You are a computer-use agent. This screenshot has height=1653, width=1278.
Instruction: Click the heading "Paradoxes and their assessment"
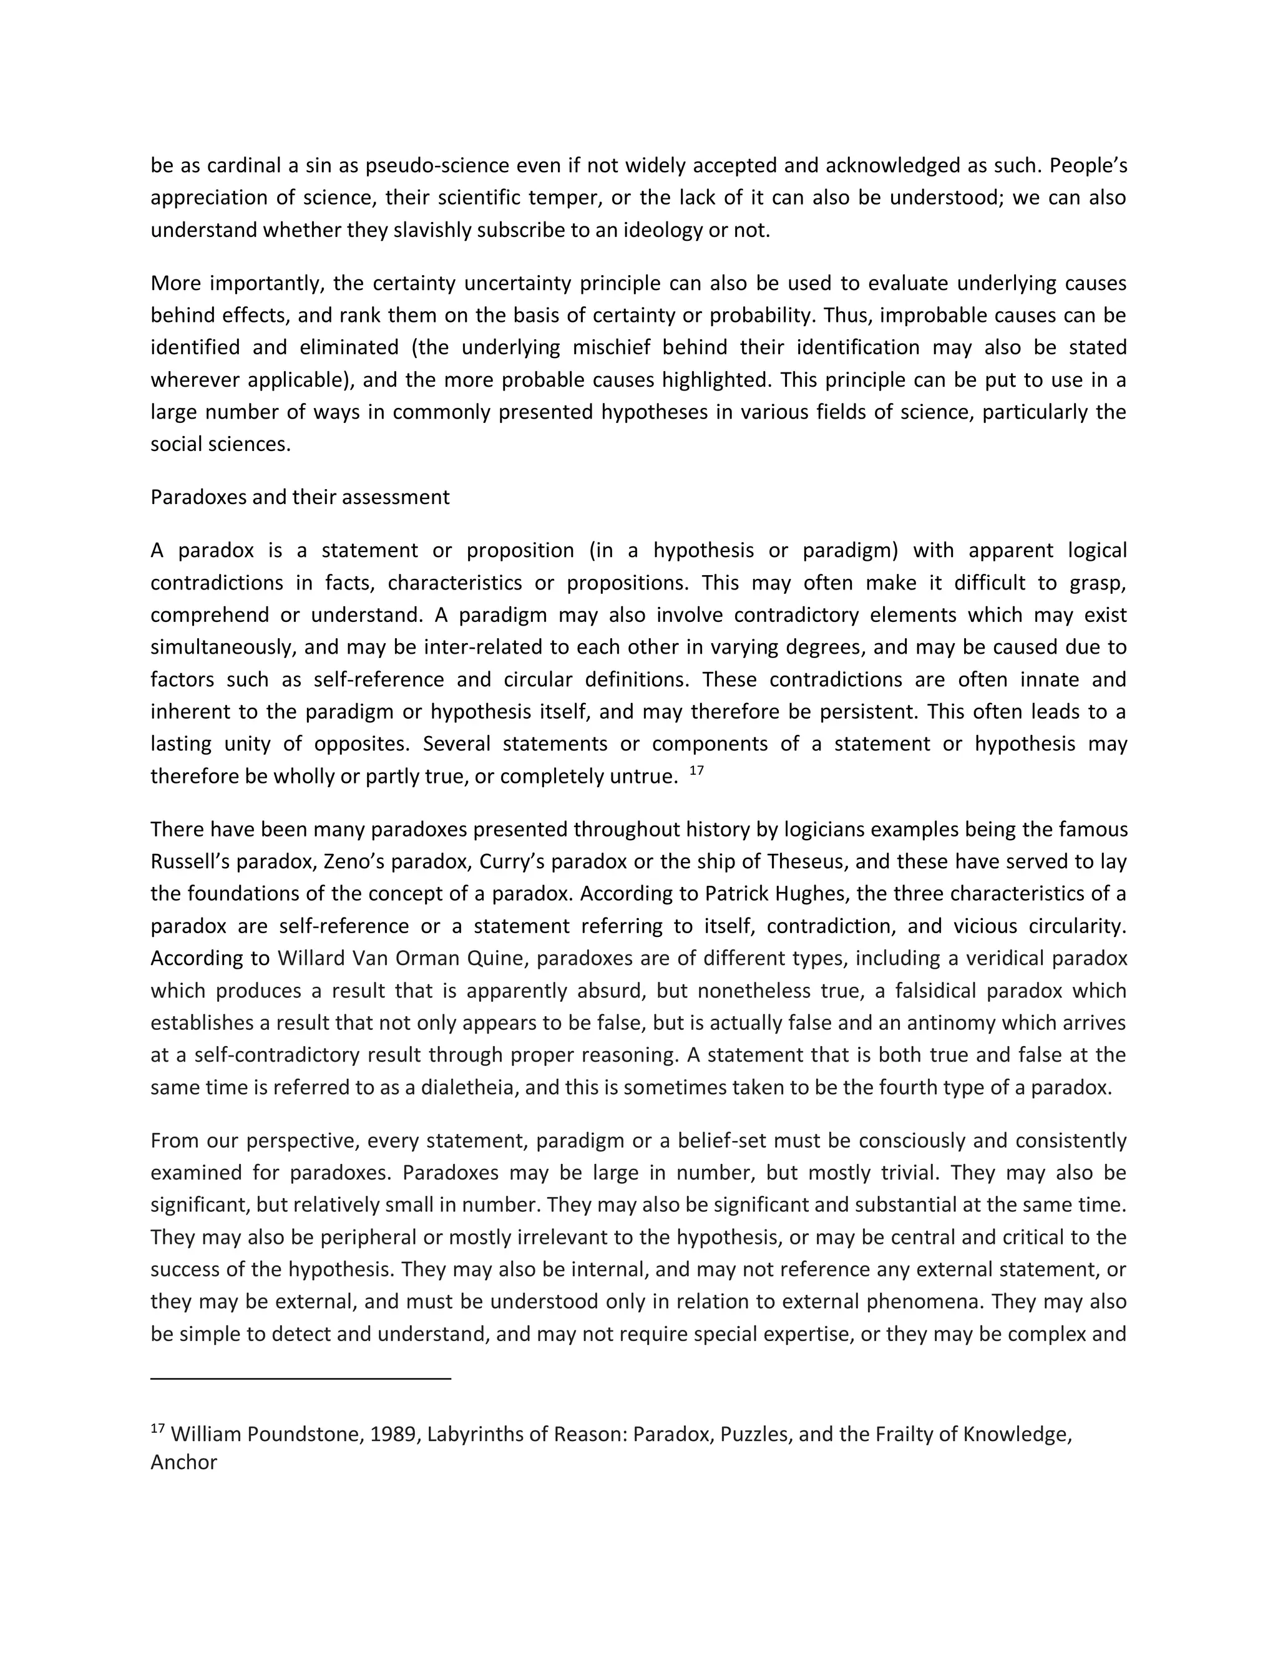pos(300,497)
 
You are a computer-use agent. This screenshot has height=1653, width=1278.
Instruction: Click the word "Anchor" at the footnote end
pos(183,1462)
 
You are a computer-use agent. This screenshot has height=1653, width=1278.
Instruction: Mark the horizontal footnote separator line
pos(301,1379)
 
